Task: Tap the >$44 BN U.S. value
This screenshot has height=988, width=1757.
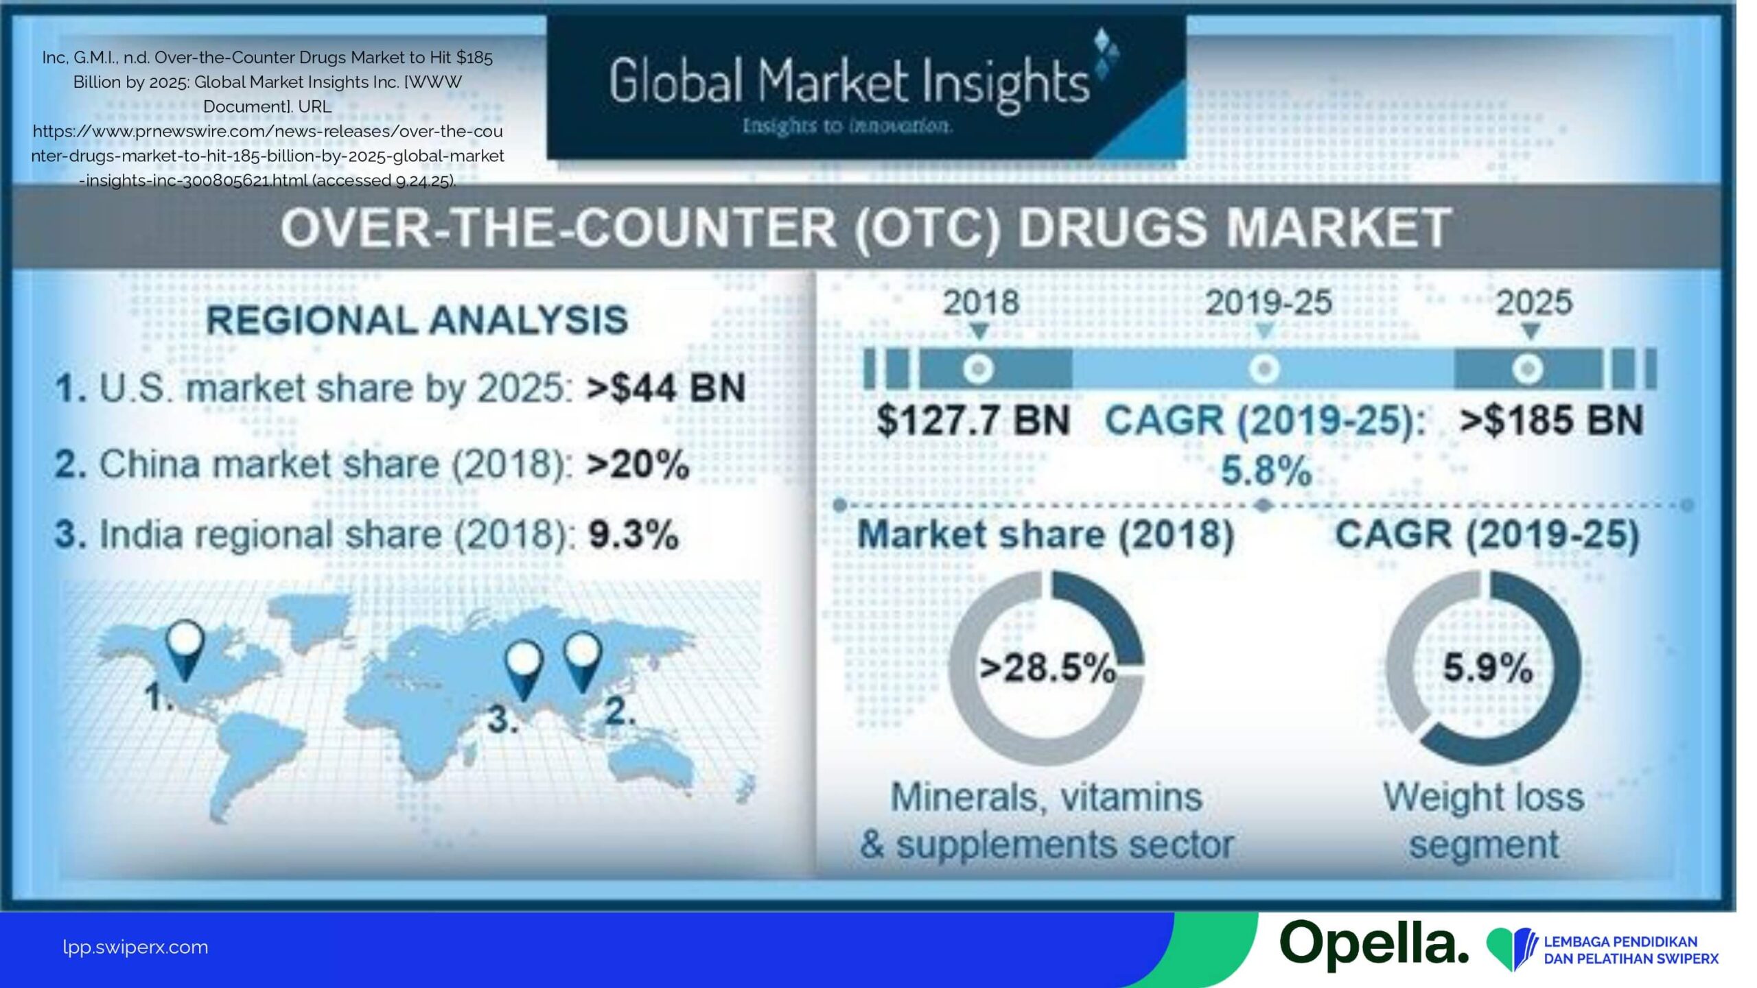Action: pos(666,388)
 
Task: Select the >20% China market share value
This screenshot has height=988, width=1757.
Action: pos(638,464)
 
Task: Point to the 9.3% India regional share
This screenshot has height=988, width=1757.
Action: pos(633,535)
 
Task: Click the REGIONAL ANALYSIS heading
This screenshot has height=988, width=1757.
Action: pos(417,320)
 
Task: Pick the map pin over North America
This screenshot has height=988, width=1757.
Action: pos(185,649)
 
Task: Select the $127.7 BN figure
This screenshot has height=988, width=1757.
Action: pos(973,420)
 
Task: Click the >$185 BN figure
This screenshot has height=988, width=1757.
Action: pos(1551,420)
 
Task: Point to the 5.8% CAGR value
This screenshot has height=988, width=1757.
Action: pos(1266,471)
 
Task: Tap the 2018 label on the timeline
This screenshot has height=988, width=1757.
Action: pos(981,303)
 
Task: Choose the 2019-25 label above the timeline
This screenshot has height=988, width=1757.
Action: pos(1268,303)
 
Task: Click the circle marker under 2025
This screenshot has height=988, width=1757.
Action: pos(1528,369)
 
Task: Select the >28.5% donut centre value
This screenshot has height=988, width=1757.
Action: pos(1047,668)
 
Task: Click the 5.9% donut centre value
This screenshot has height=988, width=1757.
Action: pos(1487,668)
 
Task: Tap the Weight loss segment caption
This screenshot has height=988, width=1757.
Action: pos(1484,821)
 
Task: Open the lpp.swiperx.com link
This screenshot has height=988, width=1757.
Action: pos(135,948)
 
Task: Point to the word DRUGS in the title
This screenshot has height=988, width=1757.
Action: pos(1112,228)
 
